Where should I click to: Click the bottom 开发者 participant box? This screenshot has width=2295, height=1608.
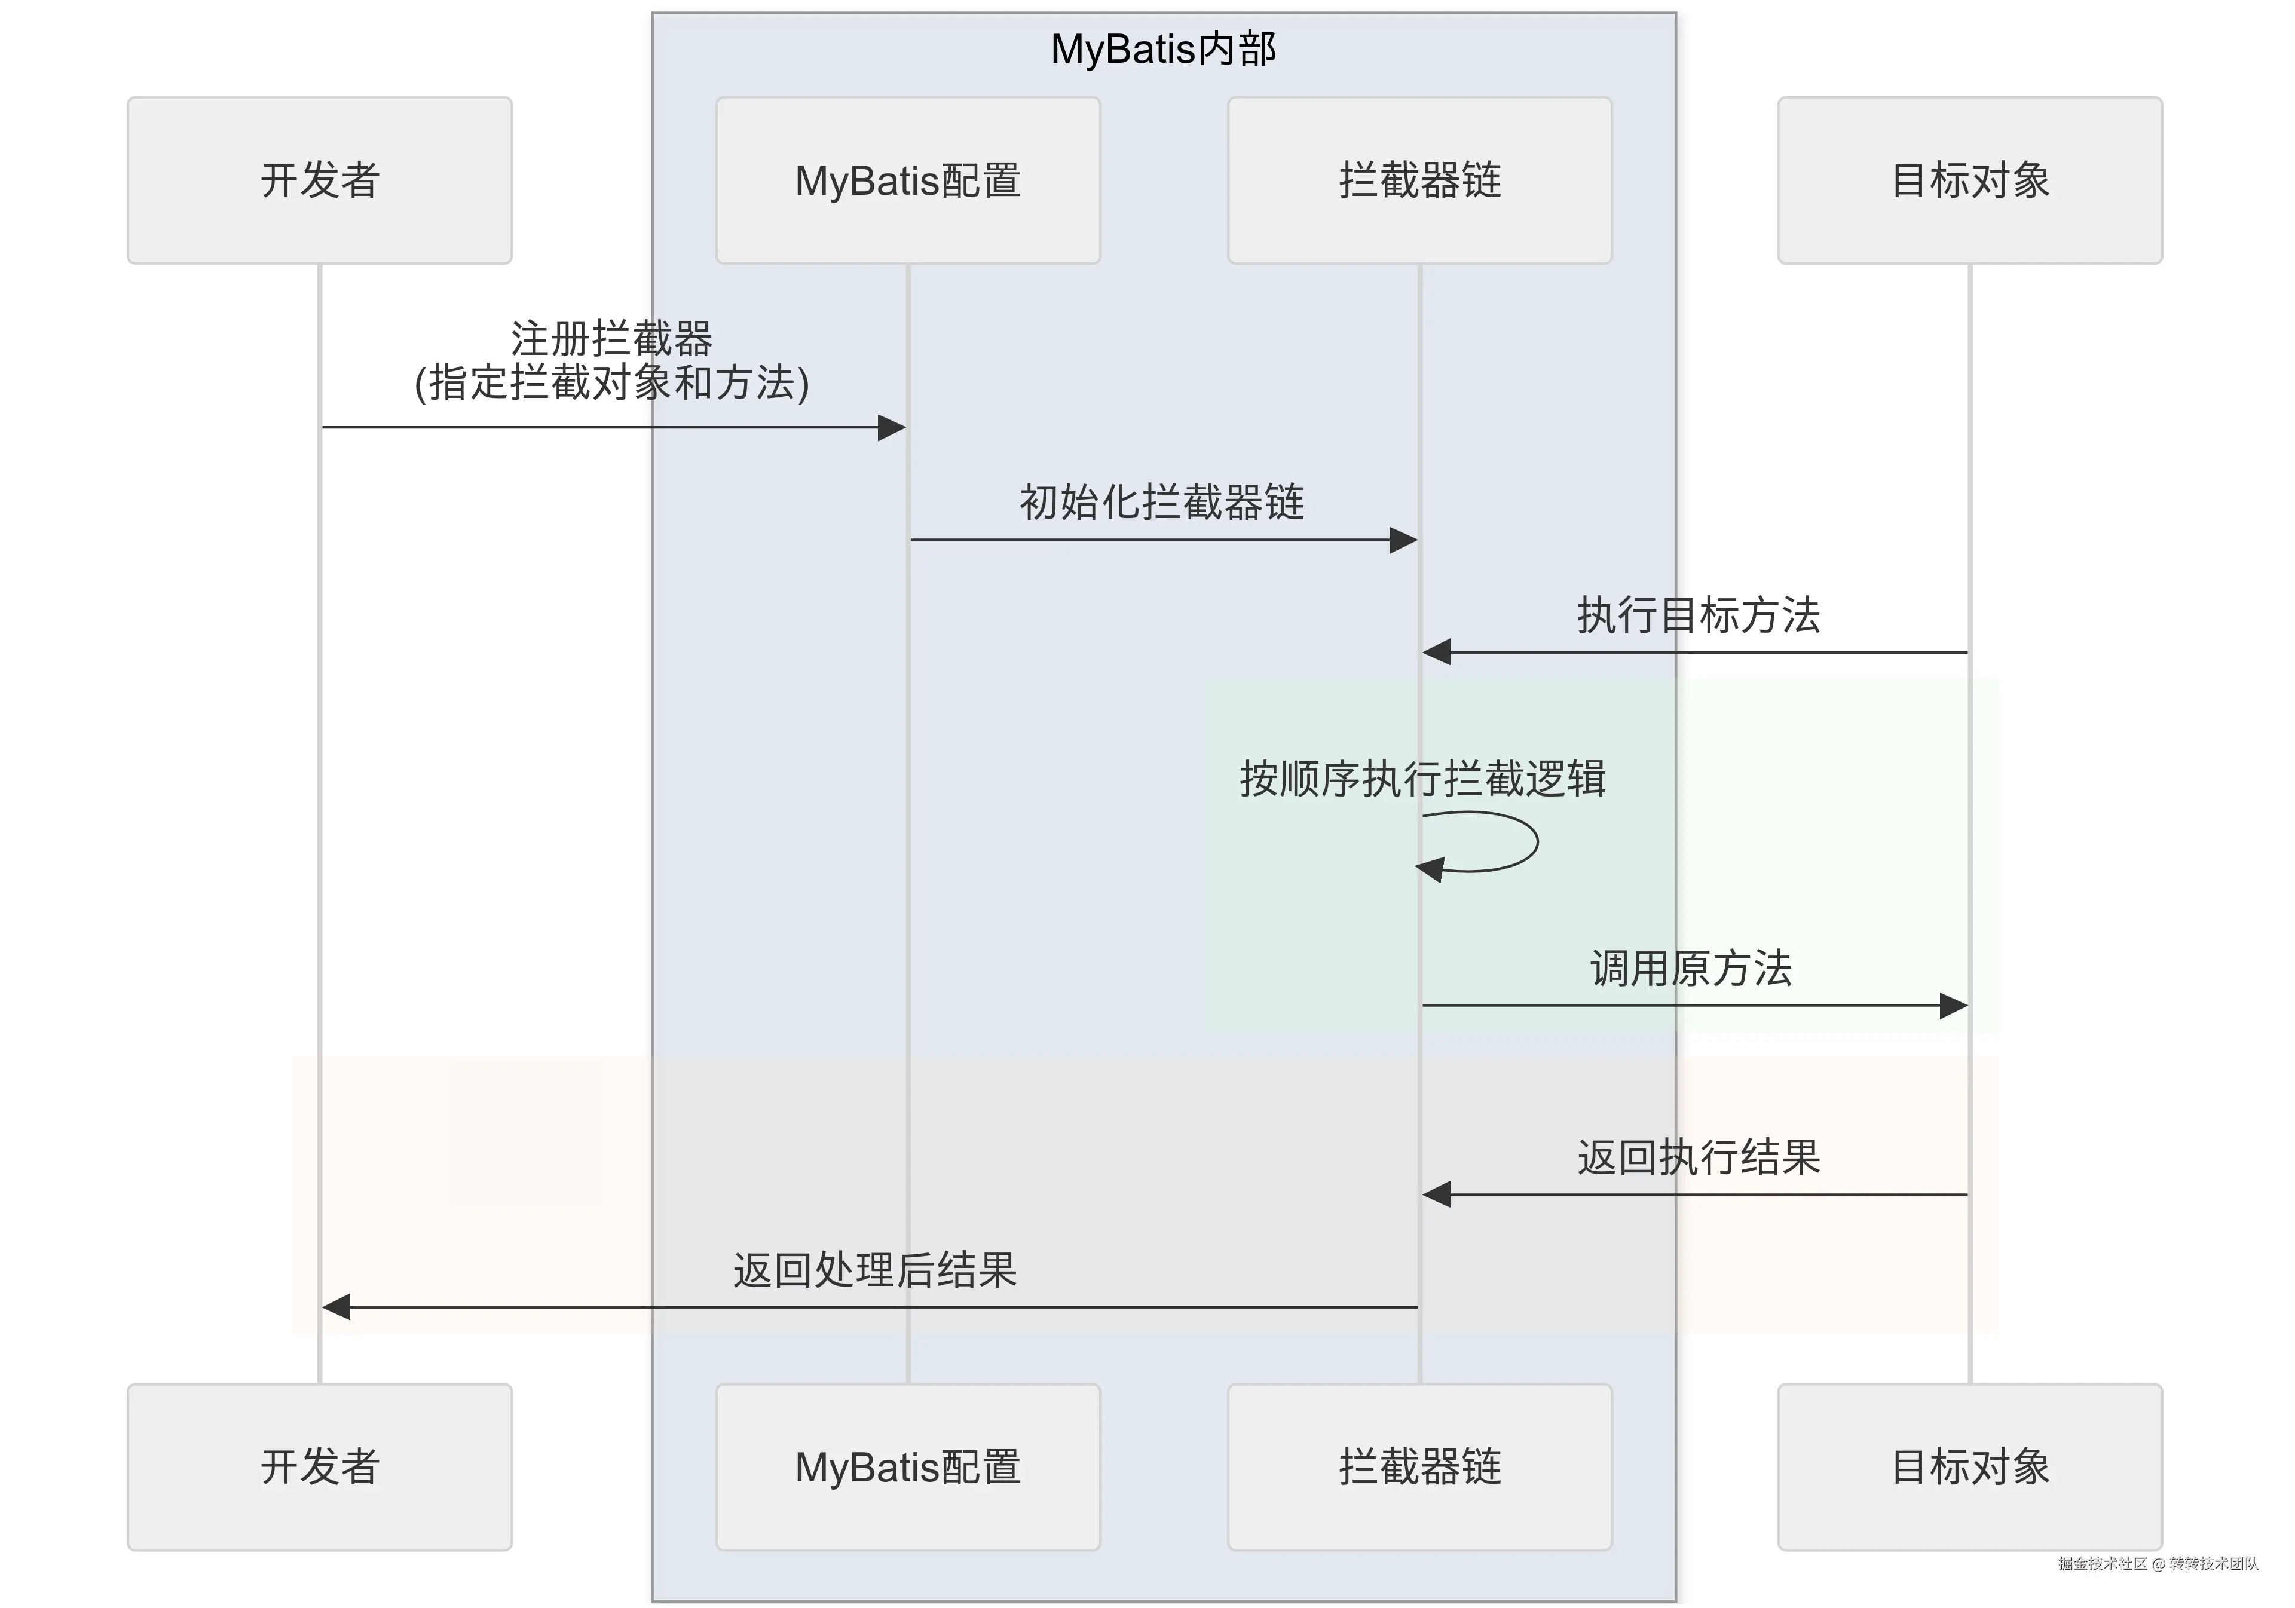(319, 1467)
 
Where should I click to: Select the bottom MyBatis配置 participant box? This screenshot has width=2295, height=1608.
(908, 1467)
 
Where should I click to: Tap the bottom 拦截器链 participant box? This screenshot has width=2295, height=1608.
(1419, 1467)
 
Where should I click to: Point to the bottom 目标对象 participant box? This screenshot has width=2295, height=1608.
(1969, 1467)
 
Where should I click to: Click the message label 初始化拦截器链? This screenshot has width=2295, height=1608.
(1161, 502)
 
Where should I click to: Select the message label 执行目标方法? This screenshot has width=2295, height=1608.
(1699, 615)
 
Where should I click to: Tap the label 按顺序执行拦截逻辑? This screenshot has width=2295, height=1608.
(1422, 779)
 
